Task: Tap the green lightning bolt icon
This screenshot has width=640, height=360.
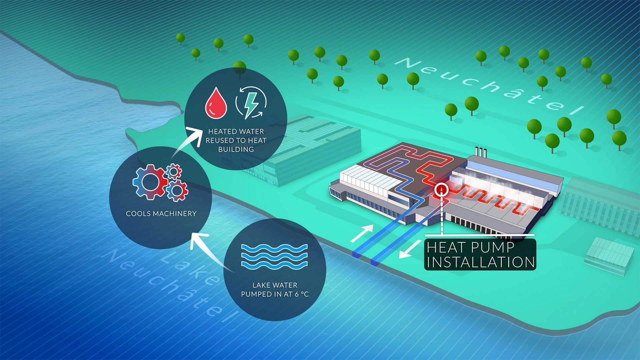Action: [251, 103]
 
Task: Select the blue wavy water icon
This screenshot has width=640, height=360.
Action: [274, 256]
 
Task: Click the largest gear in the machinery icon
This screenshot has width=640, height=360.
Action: [150, 182]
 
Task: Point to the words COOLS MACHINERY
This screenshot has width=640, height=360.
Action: [161, 214]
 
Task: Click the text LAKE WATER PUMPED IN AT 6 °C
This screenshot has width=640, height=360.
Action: [275, 290]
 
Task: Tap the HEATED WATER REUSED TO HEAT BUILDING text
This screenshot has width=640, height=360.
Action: [236, 140]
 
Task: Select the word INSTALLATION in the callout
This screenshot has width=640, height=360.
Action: [481, 262]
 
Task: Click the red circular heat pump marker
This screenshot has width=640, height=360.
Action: [442, 190]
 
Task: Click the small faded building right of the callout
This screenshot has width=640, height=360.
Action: [609, 255]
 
